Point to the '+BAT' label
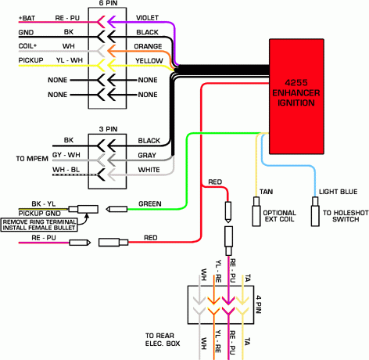pos(11,16)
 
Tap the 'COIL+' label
pos(11,45)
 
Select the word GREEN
pos(149,204)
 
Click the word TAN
pos(267,190)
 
